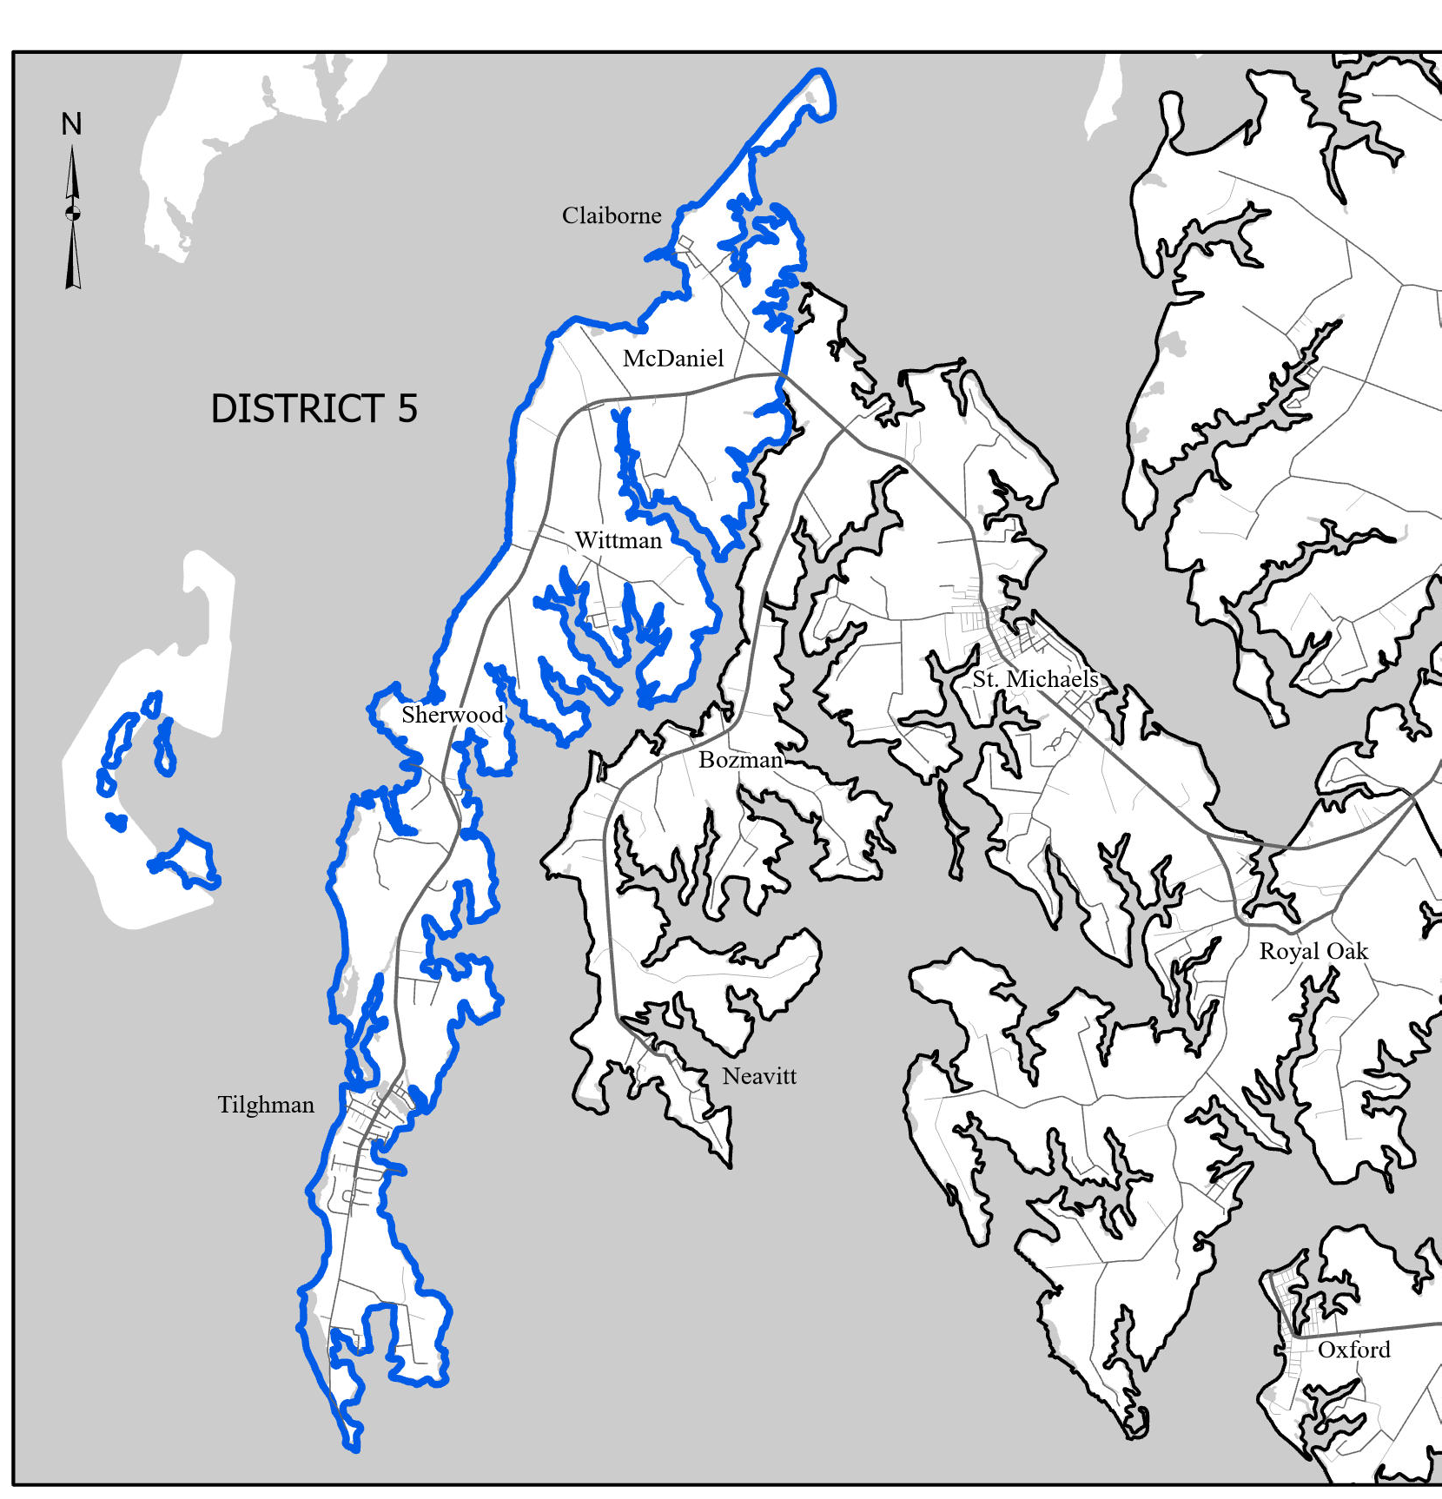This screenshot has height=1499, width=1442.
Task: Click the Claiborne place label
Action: pyautogui.click(x=612, y=215)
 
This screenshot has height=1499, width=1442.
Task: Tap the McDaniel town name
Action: pyautogui.click(x=673, y=359)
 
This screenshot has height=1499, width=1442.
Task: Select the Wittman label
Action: pyautogui.click(x=618, y=540)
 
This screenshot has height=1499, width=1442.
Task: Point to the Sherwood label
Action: pyautogui.click(x=452, y=715)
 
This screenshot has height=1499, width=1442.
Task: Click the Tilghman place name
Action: pyautogui.click(x=266, y=1105)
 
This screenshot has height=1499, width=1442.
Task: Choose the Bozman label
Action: pyautogui.click(x=741, y=760)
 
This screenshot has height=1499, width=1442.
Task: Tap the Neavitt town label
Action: pyautogui.click(x=759, y=1076)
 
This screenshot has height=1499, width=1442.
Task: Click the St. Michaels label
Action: pyautogui.click(x=1035, y=679)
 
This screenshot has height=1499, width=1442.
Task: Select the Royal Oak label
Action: pyautogui.click(x=1313, y=951)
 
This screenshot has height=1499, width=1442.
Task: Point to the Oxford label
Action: pyautogui.click(x=1353, y=1350)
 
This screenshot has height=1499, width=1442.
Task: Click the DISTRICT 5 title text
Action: pyautogui.click(x=314, y=408)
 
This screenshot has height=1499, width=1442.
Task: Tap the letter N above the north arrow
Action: pyautogui.click(x=71, y=124)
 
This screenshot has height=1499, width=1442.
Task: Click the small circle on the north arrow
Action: pyautogui.click(x=73, y=212)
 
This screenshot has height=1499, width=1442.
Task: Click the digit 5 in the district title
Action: pyautogui.click(x=407, y=408)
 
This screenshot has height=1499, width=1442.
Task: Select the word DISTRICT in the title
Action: pyautogui.click(x=297, y=408)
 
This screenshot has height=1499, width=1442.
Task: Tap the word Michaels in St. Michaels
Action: pyautogui.click(x=1052, y=679)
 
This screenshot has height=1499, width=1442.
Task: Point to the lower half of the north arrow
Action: pyautogui.click(x=73, y=256)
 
